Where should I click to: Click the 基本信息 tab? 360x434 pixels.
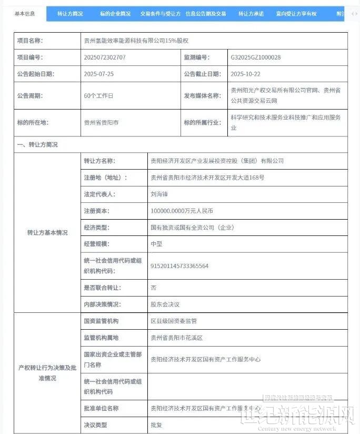coord(25,13)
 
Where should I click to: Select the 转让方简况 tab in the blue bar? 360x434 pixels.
coord(70,14)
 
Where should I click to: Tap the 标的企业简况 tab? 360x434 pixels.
coord(115,14)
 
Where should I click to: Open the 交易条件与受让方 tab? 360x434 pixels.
coord(161,14)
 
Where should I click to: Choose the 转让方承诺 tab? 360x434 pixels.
coord(251,14)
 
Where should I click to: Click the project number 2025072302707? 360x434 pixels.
coord(105,57)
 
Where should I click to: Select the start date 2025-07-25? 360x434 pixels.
coord(98,74)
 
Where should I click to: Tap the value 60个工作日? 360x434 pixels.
coord(98,96)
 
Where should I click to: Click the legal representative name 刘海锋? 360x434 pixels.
coord(158,194)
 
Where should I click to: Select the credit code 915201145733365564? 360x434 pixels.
coord(179,266)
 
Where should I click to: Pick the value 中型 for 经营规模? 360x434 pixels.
coord(156,244)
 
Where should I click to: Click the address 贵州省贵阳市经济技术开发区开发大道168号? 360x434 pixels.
coord(207,177)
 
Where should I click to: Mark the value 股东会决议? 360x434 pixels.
coord(165,304)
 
